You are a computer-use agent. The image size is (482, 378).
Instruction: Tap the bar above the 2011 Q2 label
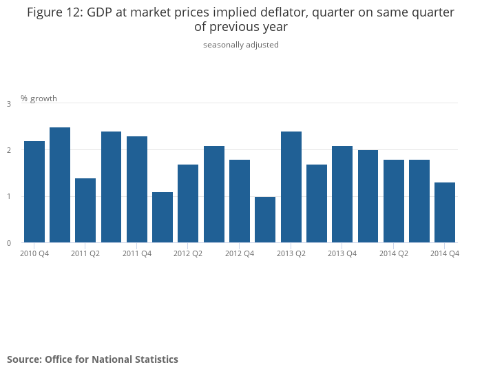[85, 210]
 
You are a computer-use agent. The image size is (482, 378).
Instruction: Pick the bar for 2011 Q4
[137, 189]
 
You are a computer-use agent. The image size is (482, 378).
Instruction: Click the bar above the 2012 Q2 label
[188, 203]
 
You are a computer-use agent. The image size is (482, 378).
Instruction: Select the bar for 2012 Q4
[240, 201]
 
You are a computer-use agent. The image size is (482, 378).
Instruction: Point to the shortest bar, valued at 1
[265, 220]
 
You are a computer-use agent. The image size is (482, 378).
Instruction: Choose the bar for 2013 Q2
[291, 187]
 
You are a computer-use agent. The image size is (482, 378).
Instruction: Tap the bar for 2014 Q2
[394, 201]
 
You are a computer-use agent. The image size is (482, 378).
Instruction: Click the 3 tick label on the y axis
[9, 104]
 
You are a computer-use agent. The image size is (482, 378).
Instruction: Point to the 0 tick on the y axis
[9, 243]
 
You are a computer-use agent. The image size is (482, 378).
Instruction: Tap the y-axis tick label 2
[9, 150]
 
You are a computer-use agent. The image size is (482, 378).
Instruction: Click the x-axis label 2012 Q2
[188, 254]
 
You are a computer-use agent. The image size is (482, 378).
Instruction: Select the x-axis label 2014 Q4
[445, 254]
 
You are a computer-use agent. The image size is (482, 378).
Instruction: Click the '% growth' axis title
[39, 98]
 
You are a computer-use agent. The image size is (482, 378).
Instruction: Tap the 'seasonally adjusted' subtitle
[241, 45]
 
